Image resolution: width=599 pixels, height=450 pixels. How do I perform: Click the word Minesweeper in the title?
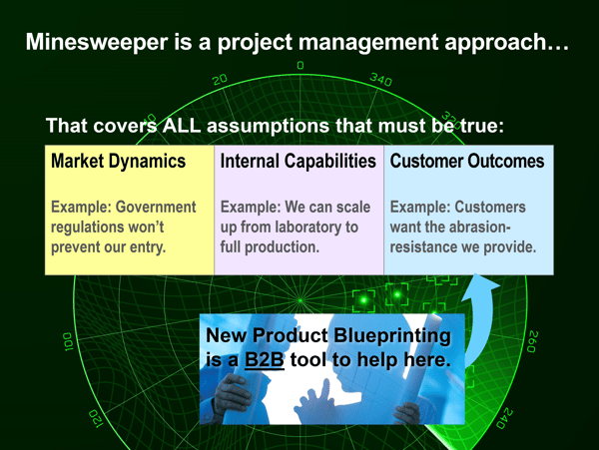tap(97, 42)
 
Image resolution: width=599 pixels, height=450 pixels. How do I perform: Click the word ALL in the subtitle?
tap(182, 125)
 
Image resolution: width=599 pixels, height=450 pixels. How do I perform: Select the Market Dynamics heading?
tap(119, 161)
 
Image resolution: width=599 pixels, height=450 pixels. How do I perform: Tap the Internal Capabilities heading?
tap(298, 161)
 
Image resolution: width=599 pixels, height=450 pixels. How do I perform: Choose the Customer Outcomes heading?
tap(467, 161)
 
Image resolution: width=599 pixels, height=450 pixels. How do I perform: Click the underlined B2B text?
tap(265, 359)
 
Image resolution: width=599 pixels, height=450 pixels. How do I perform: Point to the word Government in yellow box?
tap(156, 207)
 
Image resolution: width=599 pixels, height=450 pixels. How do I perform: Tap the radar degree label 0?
tap(300, 65)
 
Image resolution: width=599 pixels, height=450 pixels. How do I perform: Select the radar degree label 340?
tap(381, 80)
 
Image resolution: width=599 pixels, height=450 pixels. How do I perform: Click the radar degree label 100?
tap(68, 341)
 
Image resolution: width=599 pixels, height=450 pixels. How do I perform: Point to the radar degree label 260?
tap(533, 341)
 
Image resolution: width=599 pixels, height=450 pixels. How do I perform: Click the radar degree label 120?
tap(96, 419)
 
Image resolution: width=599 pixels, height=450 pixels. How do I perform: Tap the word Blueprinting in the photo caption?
tap(392, 336)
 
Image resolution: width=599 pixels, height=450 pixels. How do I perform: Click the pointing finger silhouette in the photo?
tap(325, 389)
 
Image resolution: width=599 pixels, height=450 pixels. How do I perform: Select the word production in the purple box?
tap(282, 247)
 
